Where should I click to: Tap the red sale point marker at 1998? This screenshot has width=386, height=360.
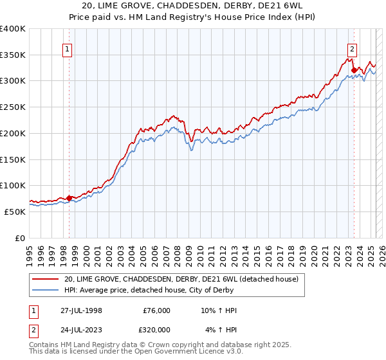[69, 198]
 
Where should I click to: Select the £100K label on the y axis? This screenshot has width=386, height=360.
[13, 185]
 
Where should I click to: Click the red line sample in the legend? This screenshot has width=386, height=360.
[46, 280]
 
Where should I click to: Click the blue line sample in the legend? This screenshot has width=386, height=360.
[46, 290]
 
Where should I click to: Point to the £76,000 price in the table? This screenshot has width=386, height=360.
[156, 311]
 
